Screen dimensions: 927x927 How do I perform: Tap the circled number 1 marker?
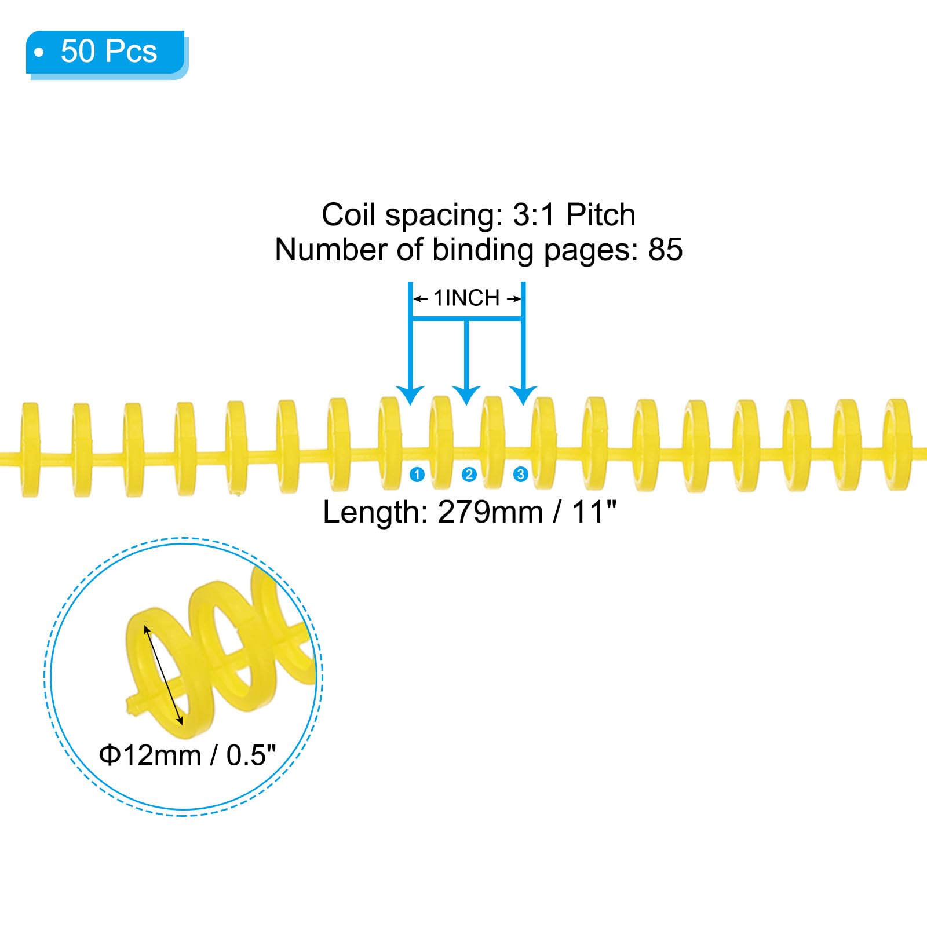pyautogui.click(x=417, y=475)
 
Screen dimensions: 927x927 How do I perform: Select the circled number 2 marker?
pyautogui.click(x=469, y=475)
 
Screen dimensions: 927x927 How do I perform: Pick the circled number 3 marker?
pyautogui.click(x=520, y=475)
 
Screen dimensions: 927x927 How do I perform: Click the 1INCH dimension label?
pyautogui.click(x=466, y=298)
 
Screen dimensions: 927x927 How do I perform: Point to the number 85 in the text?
pyautogui.click(x=665, y=250)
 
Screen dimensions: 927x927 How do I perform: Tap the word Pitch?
pyautogui.click(x=601, y=215)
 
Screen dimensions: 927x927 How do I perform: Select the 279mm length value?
pyautogui.click(x=490, y=512)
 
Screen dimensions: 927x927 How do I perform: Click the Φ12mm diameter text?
pyautogui.click(x=150, y=756)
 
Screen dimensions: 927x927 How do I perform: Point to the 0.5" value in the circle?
pyautogui.click(x=251, y=755)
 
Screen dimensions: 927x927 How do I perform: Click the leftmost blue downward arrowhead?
pyautogui.click(x=411, y=396)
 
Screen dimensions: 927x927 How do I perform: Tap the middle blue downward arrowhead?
pyautogui.click(x=466, y=396)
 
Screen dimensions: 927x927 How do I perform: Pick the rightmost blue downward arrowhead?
pyautogui.click(x=523, y=396)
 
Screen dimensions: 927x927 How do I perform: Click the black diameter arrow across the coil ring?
pyautogui.click(x=163, y=675)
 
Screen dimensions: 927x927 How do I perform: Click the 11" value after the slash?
pyautogui.click(x=594, y=512)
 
